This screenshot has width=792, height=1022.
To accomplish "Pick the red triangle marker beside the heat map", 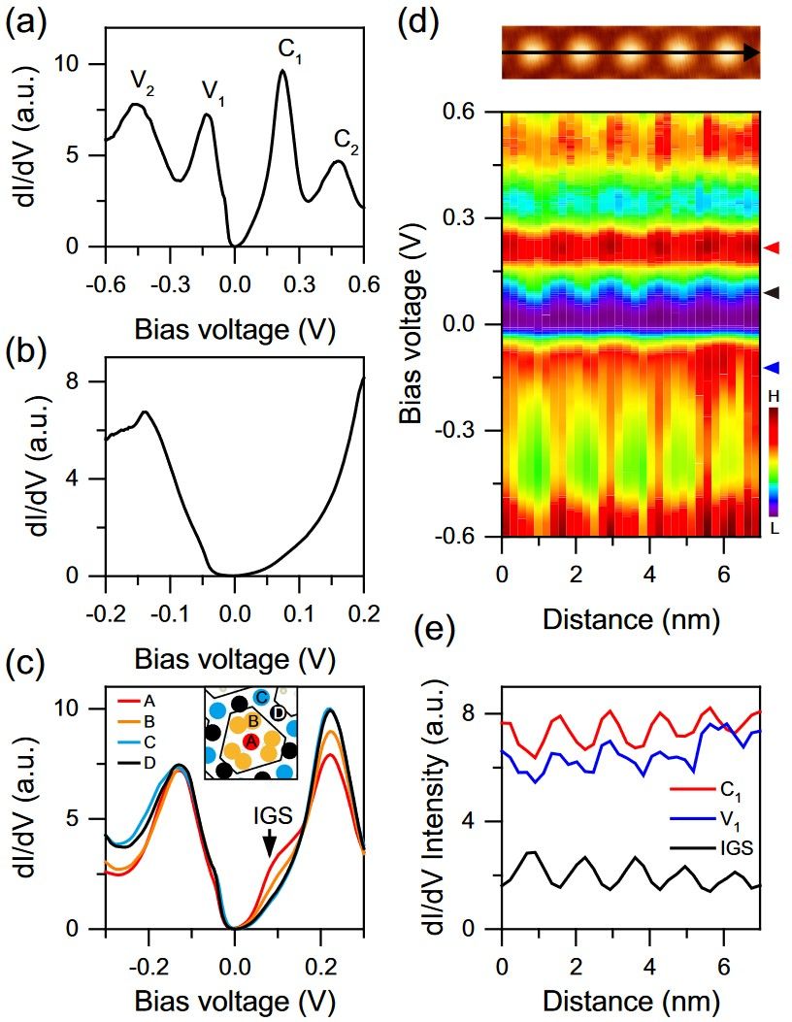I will (771, 249).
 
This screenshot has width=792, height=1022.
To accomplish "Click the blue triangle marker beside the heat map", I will (771, 368).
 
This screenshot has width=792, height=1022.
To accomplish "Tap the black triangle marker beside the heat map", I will (771, 291).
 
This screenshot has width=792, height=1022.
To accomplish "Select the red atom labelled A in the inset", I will (250, 741).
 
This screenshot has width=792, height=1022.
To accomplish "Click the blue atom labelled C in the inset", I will (262, 698).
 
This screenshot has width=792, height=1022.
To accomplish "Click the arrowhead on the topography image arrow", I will (750, 53).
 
